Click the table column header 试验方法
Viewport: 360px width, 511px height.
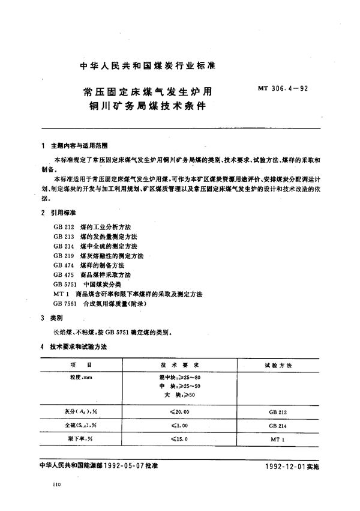pos(278,364)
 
